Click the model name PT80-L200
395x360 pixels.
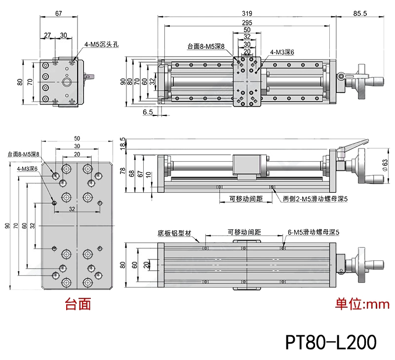(331, 341)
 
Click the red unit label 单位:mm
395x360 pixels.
(362, 304)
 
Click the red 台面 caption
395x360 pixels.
(78, 304)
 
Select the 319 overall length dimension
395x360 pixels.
(247, 13)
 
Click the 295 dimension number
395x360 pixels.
(247, 23)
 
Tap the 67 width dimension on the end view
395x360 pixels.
(59, 13)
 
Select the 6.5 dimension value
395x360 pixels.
(147, 112)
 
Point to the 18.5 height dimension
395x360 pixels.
(122, 143)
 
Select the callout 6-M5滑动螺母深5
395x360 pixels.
(312, 231)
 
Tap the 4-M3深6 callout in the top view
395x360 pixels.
(282, 51)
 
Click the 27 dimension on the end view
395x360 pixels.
(47, 35)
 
